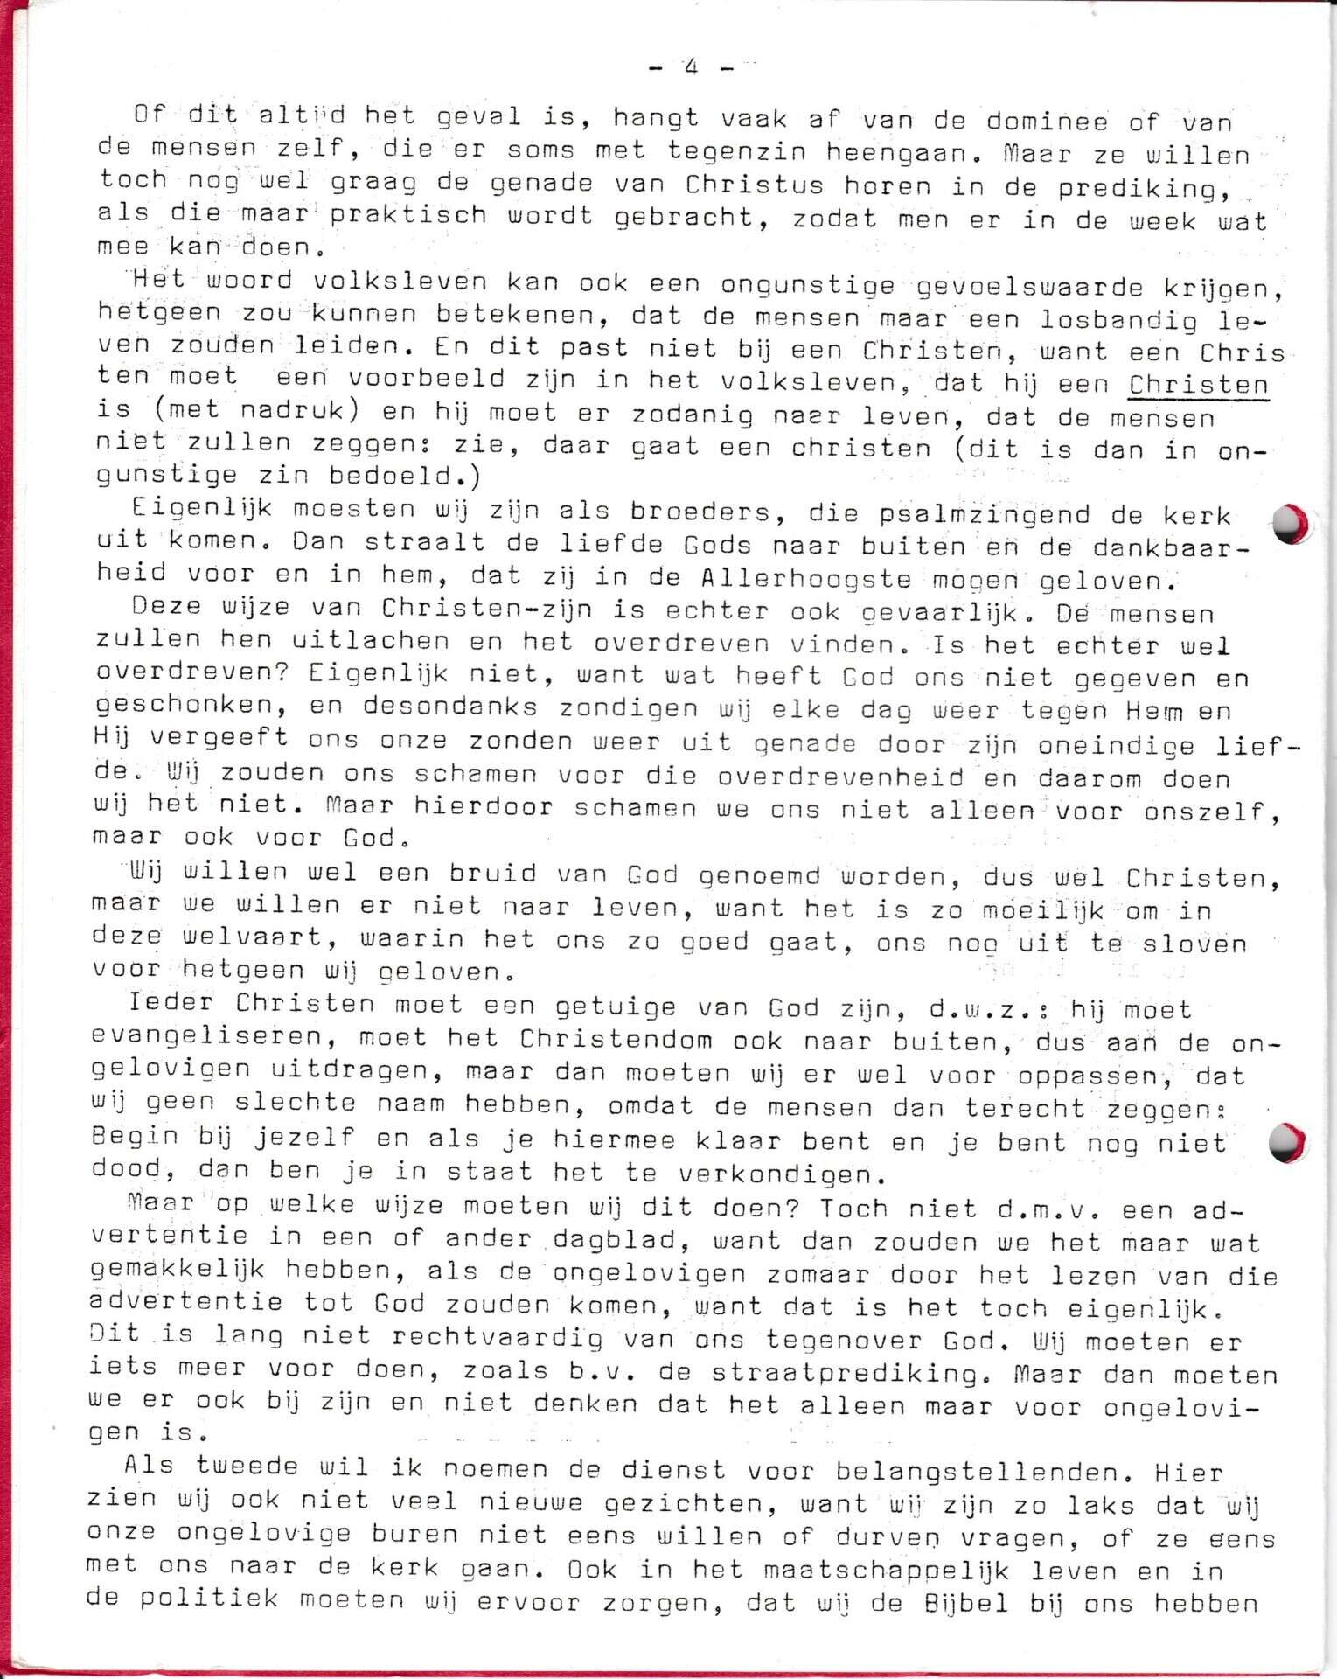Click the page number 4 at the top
(x=692, y=66)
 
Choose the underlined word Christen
(x=1198, y=386)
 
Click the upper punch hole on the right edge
(x=1288, y=524)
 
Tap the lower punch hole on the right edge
(x=1287, y=1142)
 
